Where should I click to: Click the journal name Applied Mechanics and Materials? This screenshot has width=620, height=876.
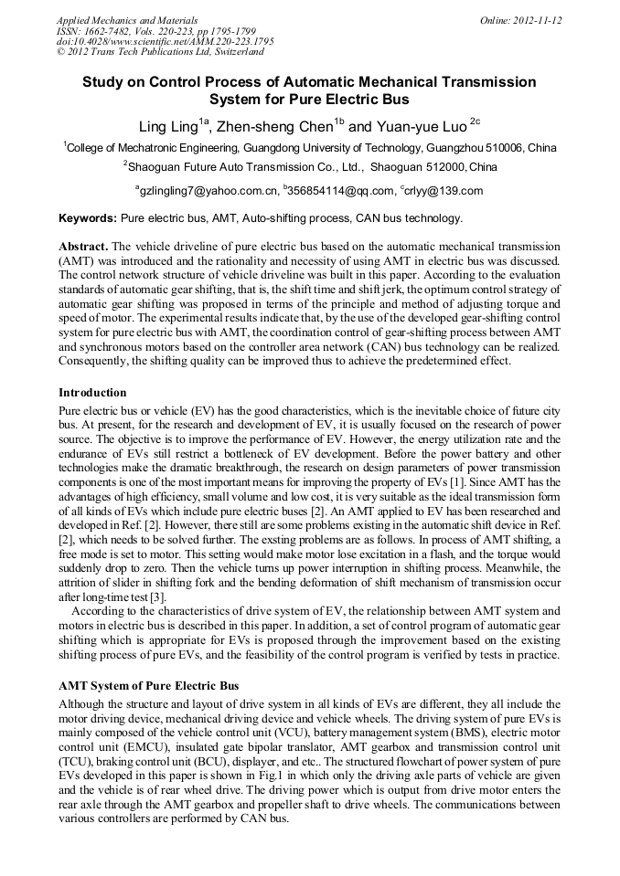(x=127, y=19)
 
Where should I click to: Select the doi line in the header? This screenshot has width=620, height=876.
(x=165, y=41)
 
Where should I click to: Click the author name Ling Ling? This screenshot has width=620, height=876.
(x=169, y=127)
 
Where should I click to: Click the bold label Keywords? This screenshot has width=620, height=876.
(x=88, y=218)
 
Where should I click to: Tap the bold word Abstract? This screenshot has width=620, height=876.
(x=83, y=248)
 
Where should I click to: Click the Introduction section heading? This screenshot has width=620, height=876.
(x=92, y=392)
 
